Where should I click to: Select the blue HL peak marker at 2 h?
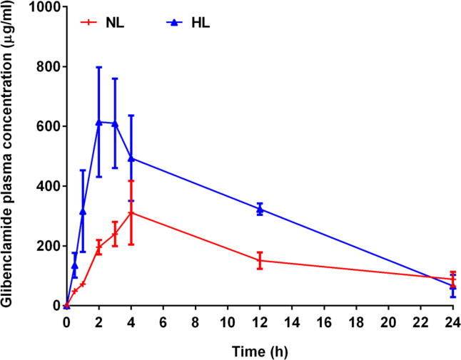pyautogui.click(x=98, y=122)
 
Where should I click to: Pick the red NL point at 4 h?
pyautogui.click(x=131, y=213)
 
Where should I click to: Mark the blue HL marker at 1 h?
pyautogui.click(x=83, y=211)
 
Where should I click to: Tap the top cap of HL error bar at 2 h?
pyautogui.click(x=98, y=67)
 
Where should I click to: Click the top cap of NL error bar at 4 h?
pyautogui.click(x=131, y=181)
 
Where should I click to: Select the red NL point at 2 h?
pyautogui.click(x=98, y=247)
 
